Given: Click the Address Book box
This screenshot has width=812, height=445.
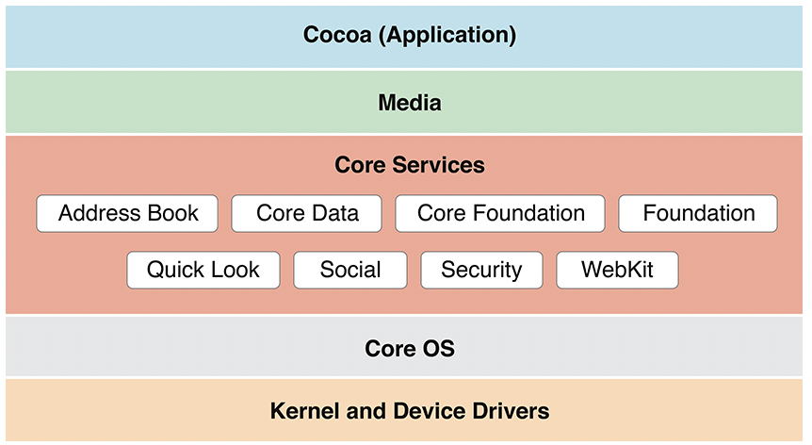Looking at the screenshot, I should pos(127,214).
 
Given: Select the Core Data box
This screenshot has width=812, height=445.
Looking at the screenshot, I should pos(307,214).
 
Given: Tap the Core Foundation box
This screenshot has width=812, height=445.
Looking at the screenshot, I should pos(500,214).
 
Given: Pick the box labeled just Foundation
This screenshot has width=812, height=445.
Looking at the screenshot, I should pos(698,214).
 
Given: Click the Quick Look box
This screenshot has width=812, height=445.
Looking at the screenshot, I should pos(203,271).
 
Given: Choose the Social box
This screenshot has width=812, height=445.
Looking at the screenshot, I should pos(350,271).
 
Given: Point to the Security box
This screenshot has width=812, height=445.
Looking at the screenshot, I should pos(481,271).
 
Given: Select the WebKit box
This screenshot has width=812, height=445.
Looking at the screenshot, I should pos(617,271).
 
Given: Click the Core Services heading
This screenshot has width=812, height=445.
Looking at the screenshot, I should pos(409,166).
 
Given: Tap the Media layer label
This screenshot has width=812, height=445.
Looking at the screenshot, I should pos(409,103).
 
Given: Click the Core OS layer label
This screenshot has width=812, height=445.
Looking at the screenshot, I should pos(409,349).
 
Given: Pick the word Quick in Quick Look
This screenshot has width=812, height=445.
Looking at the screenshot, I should pos(176,271).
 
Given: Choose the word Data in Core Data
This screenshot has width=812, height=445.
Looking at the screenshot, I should pos(334,214).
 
